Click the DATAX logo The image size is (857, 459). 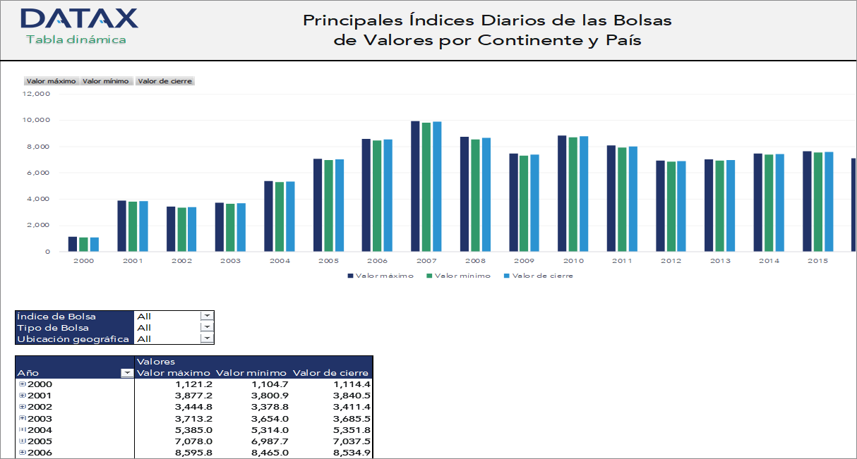tap(79, 18)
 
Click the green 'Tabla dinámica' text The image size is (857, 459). tap(76, 39)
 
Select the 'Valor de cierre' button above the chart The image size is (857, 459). tap(164, 81)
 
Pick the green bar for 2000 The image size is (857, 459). tap(83, 244)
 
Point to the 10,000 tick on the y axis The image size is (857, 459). tap(36, 120)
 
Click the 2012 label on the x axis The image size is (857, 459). tap(671, 261)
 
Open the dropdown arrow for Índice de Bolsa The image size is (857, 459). tap(207, 317)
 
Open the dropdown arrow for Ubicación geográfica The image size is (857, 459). tap(207, 338)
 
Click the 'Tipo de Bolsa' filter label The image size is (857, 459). tap(53, 328)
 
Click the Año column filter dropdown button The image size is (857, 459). tap(127, 373)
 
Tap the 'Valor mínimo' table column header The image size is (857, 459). tap(251, 373)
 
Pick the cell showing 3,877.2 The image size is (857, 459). tap(193, 396)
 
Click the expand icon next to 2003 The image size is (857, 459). tap(22, 418)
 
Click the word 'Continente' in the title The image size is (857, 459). tap(530, 40)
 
